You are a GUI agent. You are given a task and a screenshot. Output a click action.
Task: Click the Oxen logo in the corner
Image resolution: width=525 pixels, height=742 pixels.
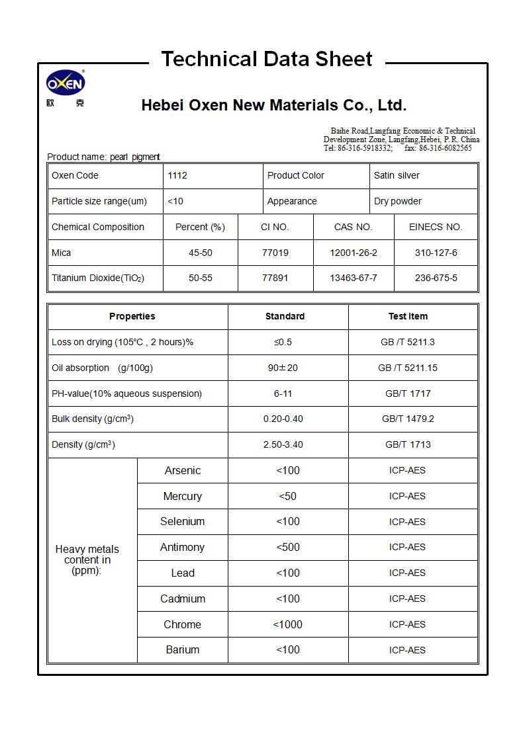[x=66, y=84]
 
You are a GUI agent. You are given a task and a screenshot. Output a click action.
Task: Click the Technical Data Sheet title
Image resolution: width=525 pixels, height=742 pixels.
[x=267, y=59]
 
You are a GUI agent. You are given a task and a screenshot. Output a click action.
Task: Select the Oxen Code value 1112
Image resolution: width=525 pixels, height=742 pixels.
[x=177, y=175]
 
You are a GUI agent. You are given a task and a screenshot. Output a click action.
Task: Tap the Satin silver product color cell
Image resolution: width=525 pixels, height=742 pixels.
[x=397, y=175]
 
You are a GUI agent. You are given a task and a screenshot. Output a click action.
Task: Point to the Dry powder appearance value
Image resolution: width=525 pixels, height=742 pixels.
[x=397, y=201]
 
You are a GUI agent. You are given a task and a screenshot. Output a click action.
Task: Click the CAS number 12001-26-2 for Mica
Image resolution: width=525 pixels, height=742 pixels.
[x=354, y=253]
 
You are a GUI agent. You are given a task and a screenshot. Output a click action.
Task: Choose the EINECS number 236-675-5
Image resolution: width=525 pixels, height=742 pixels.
[x=436, y=278]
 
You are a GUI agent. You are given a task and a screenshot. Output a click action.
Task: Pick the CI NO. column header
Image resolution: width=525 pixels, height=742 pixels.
[x=275, y=227]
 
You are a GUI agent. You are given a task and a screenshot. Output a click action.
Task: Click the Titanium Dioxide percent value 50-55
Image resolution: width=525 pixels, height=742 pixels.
[x=201, y=278]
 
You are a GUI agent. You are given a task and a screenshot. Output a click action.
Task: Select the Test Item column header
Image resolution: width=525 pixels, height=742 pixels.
[x=408, y=316]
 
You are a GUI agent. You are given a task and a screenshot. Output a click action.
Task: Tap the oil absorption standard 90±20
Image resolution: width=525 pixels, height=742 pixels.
[x=283, y=368]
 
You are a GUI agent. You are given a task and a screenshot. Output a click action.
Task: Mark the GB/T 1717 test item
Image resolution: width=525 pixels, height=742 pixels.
[x=408, y=393]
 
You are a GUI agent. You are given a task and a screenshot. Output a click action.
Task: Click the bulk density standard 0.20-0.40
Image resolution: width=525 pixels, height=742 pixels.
[x=283, y=419]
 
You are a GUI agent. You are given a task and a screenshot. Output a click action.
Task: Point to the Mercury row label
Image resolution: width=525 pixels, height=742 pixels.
[x=182, y=496]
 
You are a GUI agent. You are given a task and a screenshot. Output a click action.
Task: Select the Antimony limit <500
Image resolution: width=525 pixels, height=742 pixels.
[x=288, y=547]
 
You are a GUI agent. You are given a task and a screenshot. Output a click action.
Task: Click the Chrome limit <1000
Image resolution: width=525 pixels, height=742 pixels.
[x=288, y=624]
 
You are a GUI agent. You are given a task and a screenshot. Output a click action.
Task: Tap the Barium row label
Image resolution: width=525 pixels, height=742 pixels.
[x=182, y=649]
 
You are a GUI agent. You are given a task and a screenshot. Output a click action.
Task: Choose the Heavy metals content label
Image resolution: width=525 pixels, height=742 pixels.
[x=87, y=559]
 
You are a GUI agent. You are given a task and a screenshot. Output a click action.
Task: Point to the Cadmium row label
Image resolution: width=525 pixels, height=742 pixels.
[x=182, y=598]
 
